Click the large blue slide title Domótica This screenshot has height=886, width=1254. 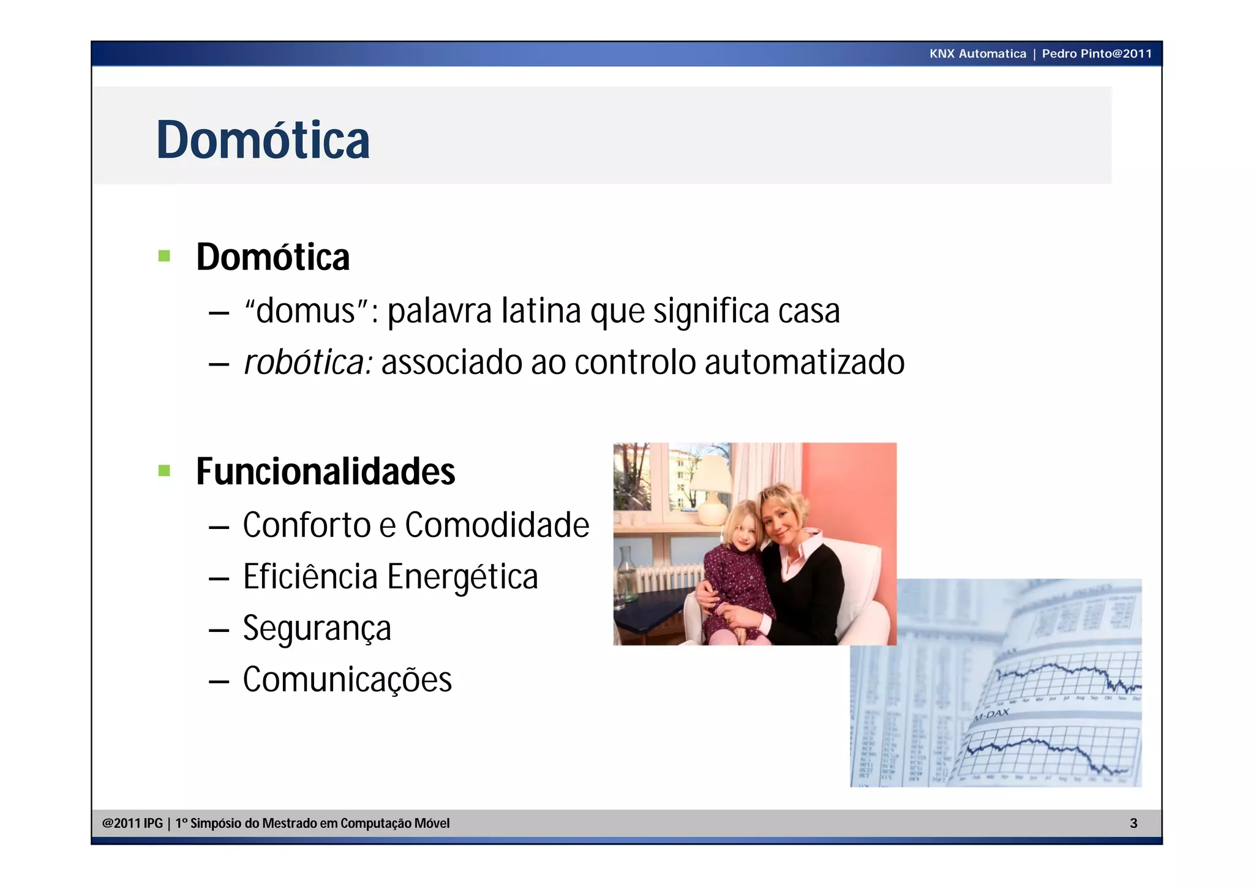263,140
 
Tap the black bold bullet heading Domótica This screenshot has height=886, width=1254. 272,257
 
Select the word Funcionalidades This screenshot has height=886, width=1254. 325,471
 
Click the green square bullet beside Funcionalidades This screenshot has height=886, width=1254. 164,470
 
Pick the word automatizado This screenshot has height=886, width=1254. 804,362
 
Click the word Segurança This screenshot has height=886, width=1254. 317,629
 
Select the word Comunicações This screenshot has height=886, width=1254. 347,680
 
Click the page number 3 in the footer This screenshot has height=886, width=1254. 1133,824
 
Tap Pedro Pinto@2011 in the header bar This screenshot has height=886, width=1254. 1097,54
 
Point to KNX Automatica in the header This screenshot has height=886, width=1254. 977,54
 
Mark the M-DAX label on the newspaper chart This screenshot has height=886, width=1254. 991,715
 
